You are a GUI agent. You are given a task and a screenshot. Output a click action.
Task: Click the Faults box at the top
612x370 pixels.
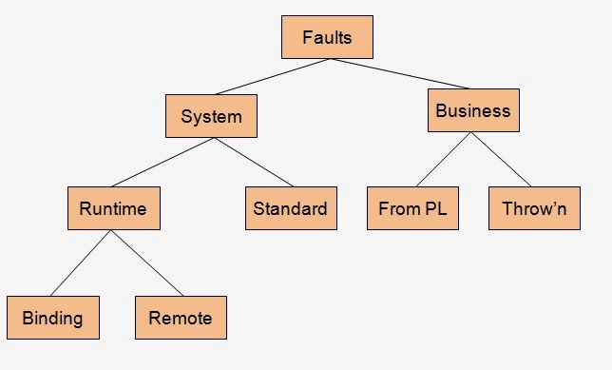click(327, 38)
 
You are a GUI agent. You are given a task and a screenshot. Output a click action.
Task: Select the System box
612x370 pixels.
click(211, 117)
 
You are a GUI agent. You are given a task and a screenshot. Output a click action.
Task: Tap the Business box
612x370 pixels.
click(472, 110)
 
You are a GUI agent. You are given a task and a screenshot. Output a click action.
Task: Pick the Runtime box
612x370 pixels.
click(114, 208)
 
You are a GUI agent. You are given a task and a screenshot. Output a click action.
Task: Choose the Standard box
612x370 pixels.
click(291, 208)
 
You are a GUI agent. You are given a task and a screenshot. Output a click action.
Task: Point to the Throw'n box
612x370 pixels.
click(534, 208)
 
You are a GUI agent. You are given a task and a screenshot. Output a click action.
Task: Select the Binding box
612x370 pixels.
click(52, 318)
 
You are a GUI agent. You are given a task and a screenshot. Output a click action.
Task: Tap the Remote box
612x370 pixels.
click(181, 318)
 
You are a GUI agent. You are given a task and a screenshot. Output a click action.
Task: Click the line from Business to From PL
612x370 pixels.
click(443, 160)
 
